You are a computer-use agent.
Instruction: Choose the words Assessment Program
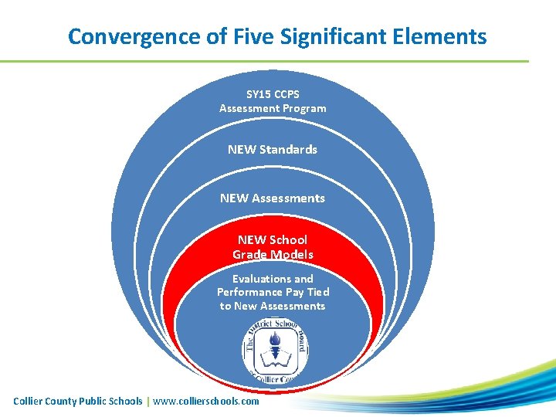click(273, 108)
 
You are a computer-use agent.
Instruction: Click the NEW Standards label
click(273, 149)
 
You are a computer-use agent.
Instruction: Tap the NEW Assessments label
click(273, 198)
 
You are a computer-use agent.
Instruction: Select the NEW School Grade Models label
click(273, 247)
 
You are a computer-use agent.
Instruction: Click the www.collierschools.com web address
click(206, 401)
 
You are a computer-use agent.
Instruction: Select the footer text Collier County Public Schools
click(78, 401)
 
